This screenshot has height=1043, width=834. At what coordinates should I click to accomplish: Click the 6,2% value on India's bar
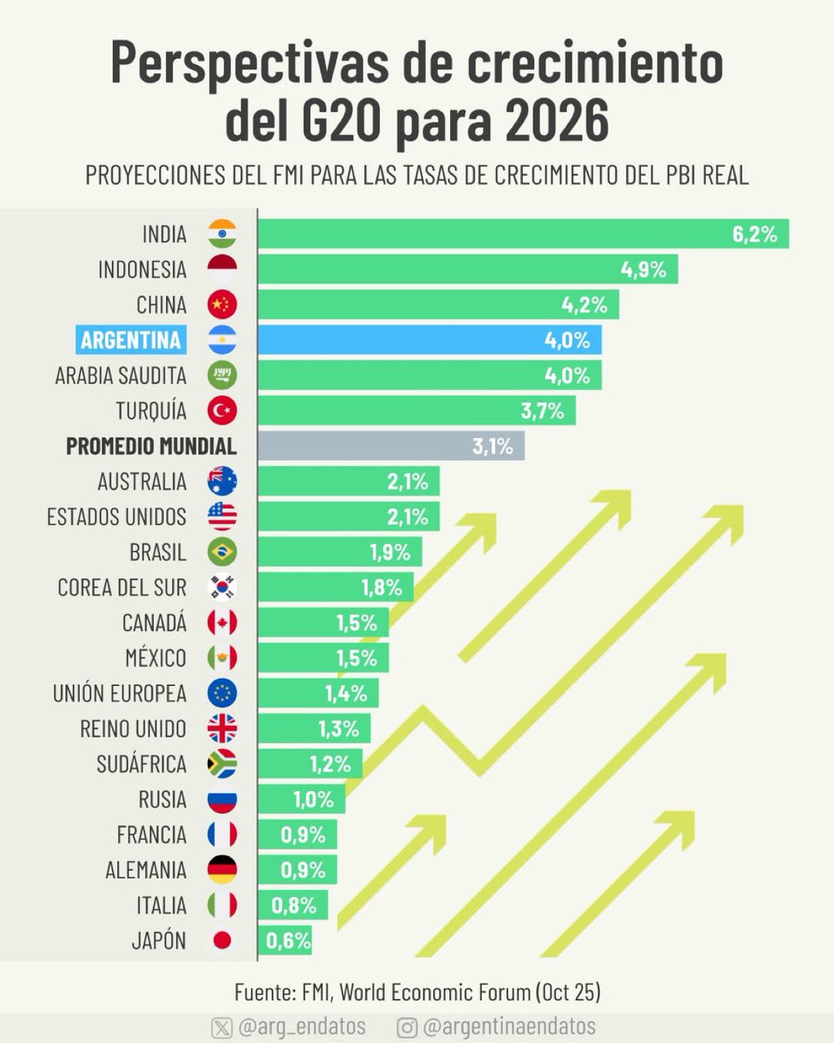(754, 234)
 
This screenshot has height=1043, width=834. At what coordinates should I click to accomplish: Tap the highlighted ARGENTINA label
(131, 340)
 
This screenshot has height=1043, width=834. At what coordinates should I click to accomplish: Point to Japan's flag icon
(222, 940)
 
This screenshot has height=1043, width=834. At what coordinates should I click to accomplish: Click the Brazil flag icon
(222, 552)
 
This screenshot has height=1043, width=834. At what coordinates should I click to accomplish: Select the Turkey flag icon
(222, 410)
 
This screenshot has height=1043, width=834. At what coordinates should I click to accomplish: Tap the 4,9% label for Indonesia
(644, 269)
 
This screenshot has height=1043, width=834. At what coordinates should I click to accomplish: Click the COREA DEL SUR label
(122, 588)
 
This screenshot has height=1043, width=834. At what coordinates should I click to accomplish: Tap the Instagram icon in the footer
(406, 1026)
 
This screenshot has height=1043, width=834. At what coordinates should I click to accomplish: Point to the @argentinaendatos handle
(509, 1026)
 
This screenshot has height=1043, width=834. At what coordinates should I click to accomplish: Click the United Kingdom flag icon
(222, 728)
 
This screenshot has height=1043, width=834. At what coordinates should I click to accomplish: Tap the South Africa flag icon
(222, 764)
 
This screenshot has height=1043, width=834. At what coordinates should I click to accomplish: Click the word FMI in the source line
(314, 992)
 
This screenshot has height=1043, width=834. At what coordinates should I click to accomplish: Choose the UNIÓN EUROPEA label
(119, 694)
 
